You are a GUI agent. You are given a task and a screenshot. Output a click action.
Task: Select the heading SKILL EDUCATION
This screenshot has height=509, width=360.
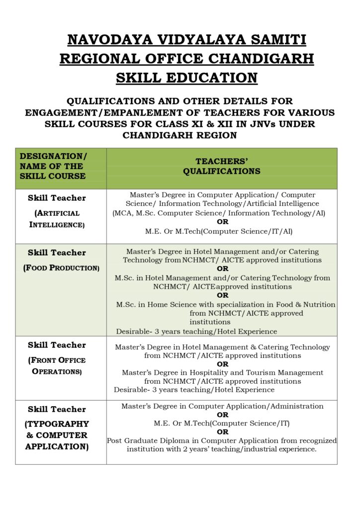[x=186, y=78]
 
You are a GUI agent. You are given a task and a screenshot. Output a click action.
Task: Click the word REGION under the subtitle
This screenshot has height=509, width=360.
[x=215, y=135]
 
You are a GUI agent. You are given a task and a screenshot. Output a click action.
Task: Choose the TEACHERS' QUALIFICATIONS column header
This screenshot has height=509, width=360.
[x=221, y=166]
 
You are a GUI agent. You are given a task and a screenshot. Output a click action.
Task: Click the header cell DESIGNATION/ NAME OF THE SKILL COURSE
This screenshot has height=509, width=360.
[x=53, y=166]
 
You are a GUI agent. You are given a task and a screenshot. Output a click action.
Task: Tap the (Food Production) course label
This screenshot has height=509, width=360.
[x=61, y=268]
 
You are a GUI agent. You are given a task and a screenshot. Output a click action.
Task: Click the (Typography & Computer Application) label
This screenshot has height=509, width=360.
[x=57, y=435]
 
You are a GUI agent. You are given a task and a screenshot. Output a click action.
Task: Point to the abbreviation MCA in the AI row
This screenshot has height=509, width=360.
[x=125, y=213]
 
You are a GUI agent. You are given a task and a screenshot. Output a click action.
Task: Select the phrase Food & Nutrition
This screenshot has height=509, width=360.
[x=309, y=304]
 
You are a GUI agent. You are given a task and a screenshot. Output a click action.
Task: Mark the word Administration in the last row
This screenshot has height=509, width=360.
[x=296, y=406]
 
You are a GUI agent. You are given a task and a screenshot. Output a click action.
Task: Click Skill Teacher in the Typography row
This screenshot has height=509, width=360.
[x=57, y=409]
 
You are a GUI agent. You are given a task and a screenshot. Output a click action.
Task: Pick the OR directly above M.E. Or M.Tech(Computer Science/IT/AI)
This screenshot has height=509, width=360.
[x=222, y=222]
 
